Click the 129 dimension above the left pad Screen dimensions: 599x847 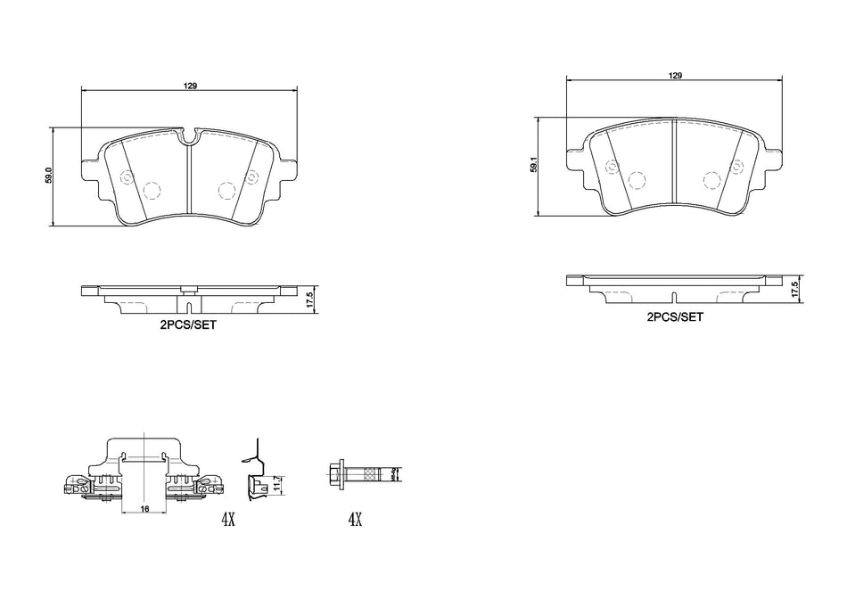[x=190, y=86]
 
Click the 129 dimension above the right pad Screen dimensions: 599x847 [x=675, y=75]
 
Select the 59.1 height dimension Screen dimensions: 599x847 [x=532, y=166]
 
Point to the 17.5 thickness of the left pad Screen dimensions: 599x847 [x=309, y=299]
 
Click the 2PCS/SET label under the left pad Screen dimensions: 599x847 [x=187, y=327]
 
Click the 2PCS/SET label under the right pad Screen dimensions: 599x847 [x=675, y=316]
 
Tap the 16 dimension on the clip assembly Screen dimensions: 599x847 [x=144, y=508]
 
